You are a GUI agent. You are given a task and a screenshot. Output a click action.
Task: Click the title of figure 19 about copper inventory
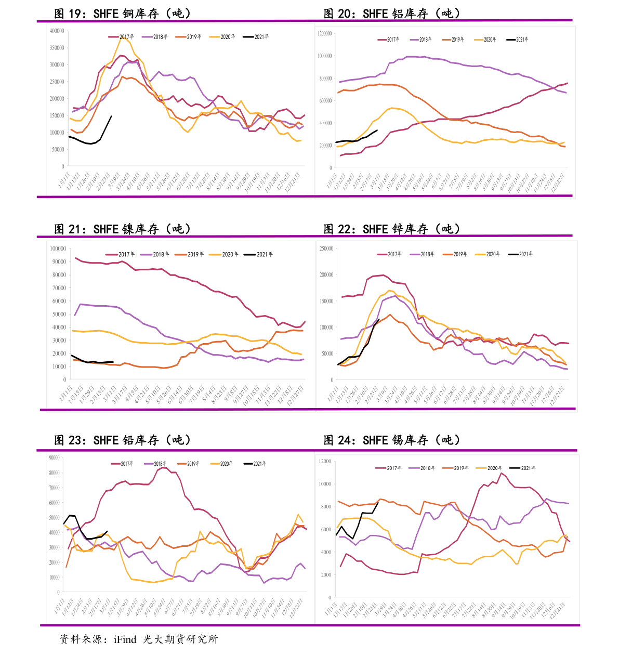[x=123, y=14]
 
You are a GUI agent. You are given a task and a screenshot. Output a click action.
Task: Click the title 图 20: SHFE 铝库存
[x=392, y=14]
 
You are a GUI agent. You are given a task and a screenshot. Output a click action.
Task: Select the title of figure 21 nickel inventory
[x=123, y=229]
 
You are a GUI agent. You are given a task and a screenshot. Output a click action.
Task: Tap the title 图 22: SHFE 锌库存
[x=392, y=229]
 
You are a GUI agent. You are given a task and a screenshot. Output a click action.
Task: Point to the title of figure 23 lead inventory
[x=123, y=440]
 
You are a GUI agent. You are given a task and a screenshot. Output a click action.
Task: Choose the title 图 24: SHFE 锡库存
[x=392, y=440]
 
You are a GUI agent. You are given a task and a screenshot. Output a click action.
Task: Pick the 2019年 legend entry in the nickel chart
[x=190, y=254]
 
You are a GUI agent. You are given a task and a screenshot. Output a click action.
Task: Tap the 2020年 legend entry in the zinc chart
[x=488, y=254]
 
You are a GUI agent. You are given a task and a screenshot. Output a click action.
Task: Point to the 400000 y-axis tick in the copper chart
[x=57, y=31]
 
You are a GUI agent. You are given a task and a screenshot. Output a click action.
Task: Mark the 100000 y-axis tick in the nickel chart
[x=58, y=249]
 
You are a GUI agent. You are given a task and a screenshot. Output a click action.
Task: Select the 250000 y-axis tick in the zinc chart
[x=326, y=249]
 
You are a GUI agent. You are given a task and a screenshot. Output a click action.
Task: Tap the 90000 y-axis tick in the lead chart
[x=54, y=458]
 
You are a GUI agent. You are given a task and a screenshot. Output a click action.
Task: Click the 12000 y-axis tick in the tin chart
[x=325, y=462]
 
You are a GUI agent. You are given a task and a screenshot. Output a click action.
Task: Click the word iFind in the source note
[x=125, y=639]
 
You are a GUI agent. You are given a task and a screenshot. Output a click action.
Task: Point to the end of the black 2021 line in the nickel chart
[x=113, y=362]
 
